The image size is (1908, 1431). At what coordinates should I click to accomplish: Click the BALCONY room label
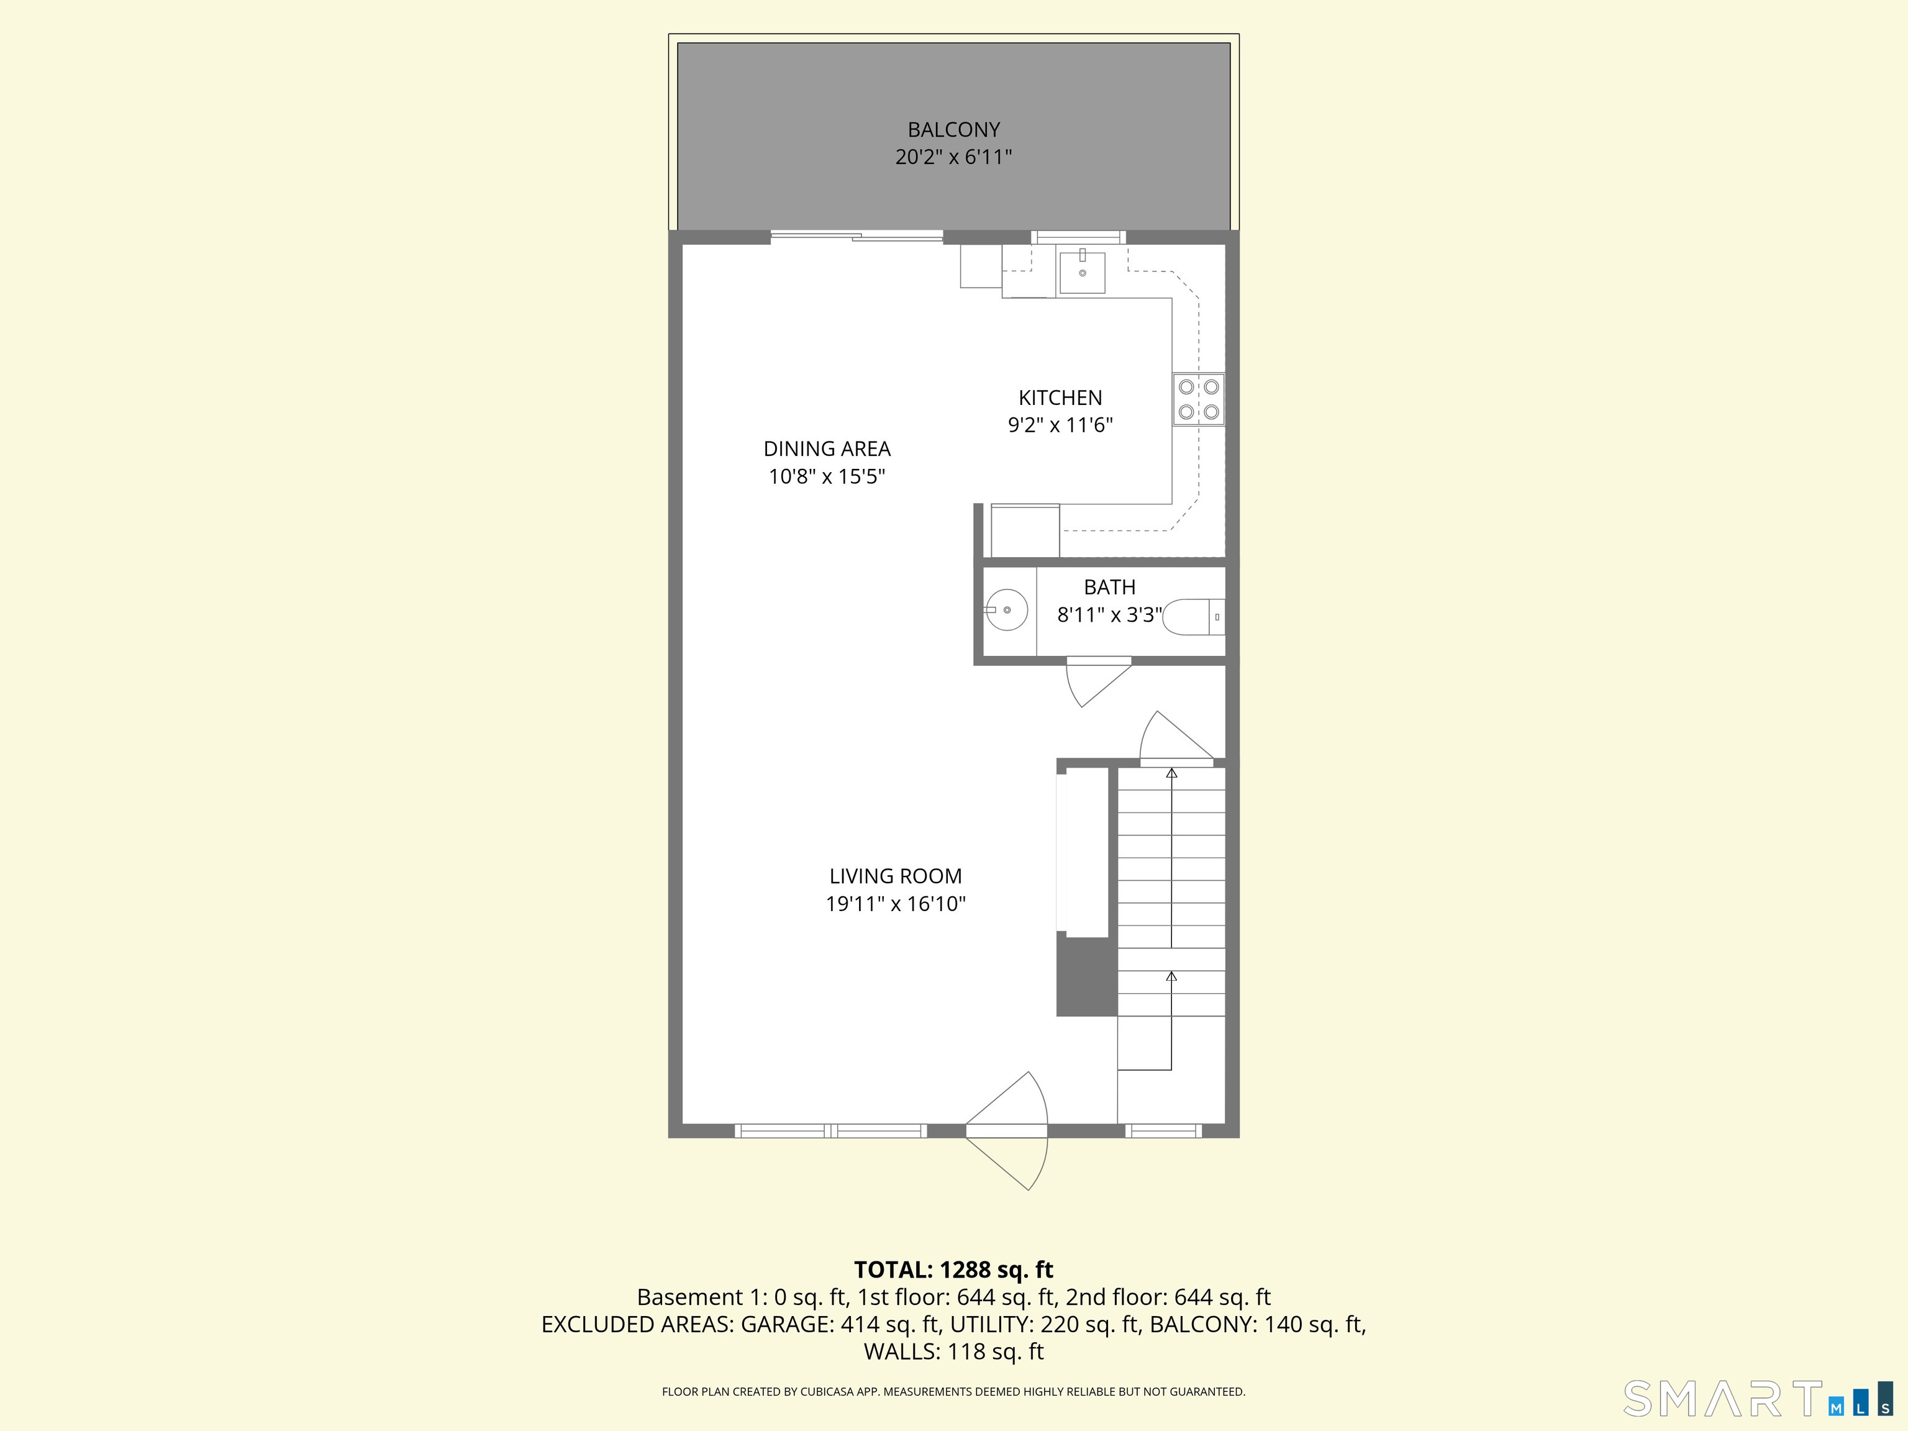click(x=953, y=129)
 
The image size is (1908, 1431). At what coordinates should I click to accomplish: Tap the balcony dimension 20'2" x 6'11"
click(x=953, y=157)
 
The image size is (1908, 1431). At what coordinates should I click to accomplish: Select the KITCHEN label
click(x=1060, y=397)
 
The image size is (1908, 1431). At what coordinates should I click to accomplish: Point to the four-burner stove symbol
click(x=1198, y=399)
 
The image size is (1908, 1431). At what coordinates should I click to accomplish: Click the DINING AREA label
click(x=826, y=448)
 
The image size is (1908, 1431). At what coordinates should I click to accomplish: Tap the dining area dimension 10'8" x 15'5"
click(x=826, y=476)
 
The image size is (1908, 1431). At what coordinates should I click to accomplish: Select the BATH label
click(x=1109, y=588)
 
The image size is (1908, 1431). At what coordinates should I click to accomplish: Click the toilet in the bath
click(x=1193, y=617)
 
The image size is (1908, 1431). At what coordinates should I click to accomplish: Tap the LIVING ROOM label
click(x=896, y=876)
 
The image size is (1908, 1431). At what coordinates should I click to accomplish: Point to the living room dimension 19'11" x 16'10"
click(x=896, y=904)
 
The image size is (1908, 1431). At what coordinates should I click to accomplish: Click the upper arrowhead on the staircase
click(x=1171, y=774)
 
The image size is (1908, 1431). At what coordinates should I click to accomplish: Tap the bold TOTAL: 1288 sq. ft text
click(x=953, y=1270)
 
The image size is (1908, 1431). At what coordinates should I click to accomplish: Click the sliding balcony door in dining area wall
click(x=856, y=235)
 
